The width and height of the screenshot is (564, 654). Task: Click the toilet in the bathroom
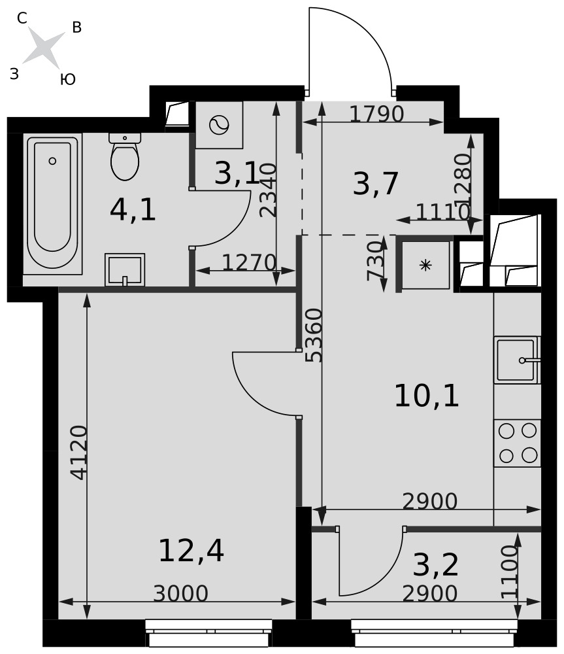point(125,156)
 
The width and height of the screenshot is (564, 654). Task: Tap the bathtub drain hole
point(52,161)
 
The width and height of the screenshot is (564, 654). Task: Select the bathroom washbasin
point(125,269)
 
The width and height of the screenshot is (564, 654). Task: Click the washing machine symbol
point(220,125)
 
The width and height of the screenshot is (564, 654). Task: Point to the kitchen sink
point(518,360)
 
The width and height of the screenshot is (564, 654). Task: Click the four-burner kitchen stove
point(518,443)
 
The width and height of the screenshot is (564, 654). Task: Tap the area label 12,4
point(191,551)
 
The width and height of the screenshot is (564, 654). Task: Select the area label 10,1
point(427,396)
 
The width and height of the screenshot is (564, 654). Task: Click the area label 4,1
point(133,210)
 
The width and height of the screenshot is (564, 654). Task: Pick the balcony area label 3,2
point(436,565)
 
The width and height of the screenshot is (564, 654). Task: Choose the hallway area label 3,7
point(375,184)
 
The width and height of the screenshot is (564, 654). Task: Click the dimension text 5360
point(314,336)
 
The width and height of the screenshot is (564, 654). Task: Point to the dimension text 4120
point(79,453)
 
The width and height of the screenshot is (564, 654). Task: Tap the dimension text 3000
point(180,593)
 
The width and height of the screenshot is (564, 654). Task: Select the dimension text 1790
point(376,114)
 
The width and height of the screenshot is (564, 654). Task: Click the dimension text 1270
point(249,262)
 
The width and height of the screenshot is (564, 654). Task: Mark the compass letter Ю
point(67,79)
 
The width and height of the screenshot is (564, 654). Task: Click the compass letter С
point(22,18)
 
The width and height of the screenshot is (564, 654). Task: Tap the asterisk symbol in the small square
point(425,265)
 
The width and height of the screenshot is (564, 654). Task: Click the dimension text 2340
point(267,190)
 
